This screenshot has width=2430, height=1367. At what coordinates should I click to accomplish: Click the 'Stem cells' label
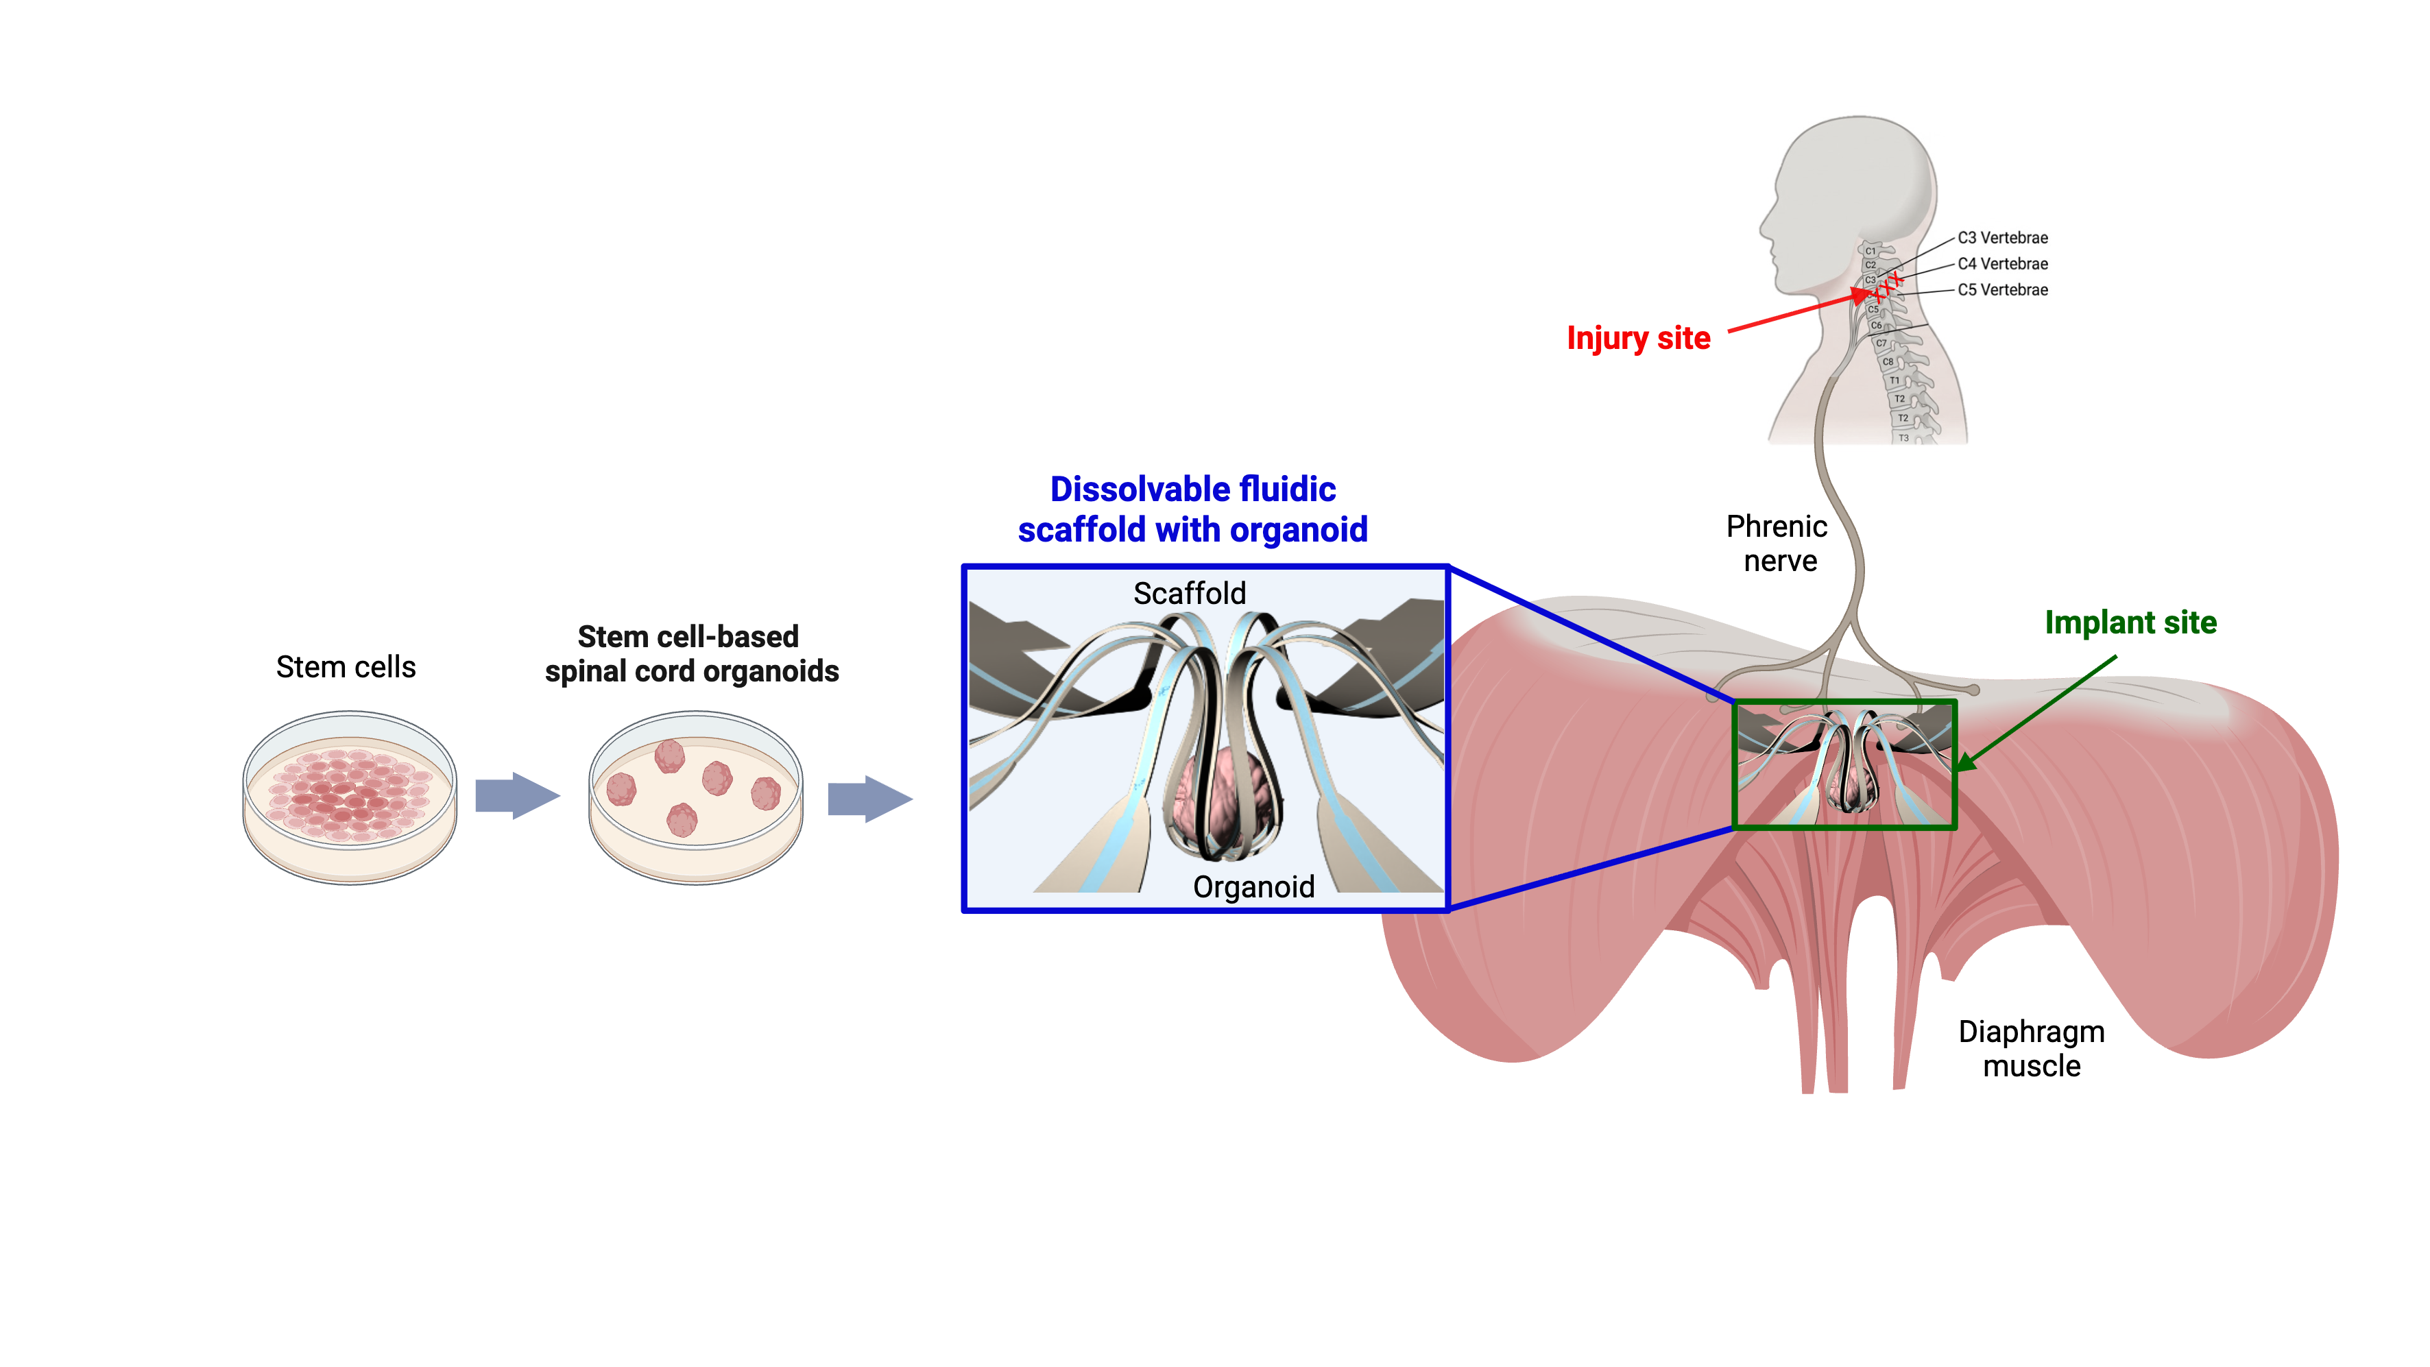pyautogui.click(x=346, y=667)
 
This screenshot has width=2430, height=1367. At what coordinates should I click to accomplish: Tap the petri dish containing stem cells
pyautogui.click(x=350, y=797)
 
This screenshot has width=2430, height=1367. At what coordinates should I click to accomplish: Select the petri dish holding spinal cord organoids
pyautogui.click(x=695, y=797)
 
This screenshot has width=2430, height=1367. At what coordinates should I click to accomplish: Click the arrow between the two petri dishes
pyautogui.click(x=516, y=795)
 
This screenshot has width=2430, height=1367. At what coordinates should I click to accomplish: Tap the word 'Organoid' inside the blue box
pyautogui.click(x=1253, y=887)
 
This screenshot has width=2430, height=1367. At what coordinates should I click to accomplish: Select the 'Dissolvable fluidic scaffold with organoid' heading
pyautogui.click(x=1192, y=509)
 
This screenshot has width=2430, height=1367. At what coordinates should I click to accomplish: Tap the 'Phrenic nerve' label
pyautogui.click(x=1777, y=544)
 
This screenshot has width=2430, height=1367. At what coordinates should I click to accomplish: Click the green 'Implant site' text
pyautogui.click(x=2130, y=622)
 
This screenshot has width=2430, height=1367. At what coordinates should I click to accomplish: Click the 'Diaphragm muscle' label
pyautogui.click(x=2031, y=1048)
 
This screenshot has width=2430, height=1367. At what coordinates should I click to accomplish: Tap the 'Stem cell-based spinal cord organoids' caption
pyautogui.click(x=690, y=654)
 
